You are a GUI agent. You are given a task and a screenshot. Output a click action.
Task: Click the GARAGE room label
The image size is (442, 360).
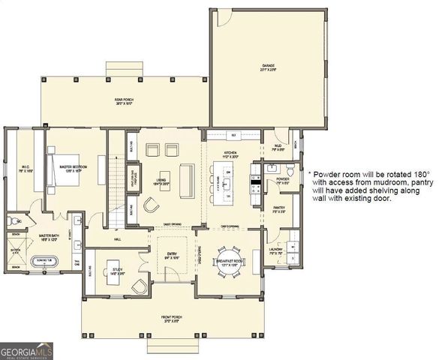coord(267,66)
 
